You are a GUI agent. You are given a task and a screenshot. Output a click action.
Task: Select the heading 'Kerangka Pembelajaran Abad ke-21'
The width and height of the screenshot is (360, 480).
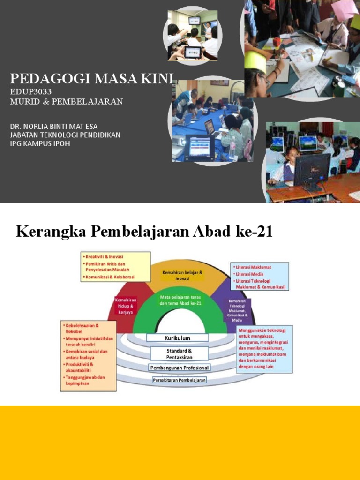point(144,232)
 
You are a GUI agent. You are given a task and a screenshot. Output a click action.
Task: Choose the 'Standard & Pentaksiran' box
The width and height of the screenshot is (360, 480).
point(180,353)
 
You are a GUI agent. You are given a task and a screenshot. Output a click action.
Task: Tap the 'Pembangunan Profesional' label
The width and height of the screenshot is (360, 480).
point(180,367)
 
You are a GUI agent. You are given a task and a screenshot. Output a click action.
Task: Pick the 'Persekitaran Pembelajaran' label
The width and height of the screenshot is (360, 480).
point(180,380)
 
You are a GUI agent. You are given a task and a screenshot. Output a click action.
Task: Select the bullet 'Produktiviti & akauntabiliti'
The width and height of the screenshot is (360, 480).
point(81,367)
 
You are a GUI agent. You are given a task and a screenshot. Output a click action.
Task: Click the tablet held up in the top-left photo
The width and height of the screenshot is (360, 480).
point(192,52)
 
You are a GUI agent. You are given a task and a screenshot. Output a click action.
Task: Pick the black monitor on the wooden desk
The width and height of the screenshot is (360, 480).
point(311,172)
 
